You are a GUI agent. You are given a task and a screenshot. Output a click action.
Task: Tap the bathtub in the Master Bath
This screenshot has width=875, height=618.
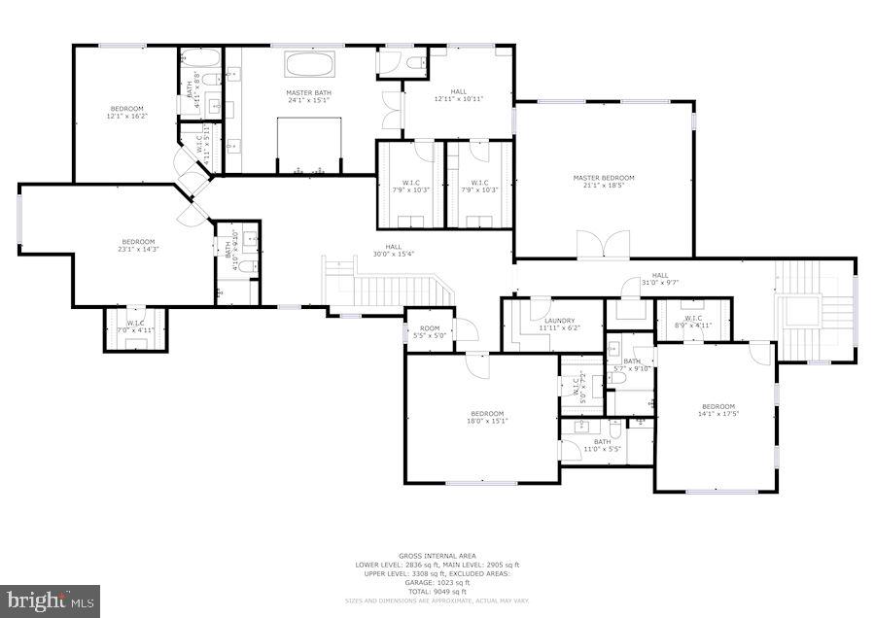click(309, 66)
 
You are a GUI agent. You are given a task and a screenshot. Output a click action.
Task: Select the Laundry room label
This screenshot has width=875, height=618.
click(559, 325)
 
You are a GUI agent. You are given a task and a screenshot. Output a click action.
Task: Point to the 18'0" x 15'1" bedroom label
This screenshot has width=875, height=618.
click(486, 417)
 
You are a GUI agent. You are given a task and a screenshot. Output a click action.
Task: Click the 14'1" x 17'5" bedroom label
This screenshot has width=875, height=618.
click(718, 411)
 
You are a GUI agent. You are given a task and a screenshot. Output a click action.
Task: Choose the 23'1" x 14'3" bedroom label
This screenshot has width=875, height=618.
click(138, 246)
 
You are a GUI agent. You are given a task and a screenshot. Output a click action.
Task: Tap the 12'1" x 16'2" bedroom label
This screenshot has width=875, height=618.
click(126, 112)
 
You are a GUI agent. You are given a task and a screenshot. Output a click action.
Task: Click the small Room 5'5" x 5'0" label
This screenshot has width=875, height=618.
click(430, 332)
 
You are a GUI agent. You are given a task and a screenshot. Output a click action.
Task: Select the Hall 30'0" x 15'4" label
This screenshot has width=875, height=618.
click(393, 251)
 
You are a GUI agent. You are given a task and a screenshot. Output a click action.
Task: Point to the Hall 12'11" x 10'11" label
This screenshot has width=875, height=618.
click(458, 95)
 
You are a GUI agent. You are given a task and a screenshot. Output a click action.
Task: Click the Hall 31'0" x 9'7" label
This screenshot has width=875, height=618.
click(660, 279)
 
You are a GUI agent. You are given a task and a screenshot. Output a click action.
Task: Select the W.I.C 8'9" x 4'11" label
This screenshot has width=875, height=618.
click(693, 322)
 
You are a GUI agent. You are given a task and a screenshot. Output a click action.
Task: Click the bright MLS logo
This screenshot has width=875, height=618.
click(51, 600)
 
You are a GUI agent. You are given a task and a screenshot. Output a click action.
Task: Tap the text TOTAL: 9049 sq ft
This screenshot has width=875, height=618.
click(437, 591)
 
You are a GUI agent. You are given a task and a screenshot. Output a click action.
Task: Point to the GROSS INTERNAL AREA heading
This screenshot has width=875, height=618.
click(437, 556)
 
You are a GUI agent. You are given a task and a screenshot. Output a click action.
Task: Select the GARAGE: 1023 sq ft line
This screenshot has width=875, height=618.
click(437, 582)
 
